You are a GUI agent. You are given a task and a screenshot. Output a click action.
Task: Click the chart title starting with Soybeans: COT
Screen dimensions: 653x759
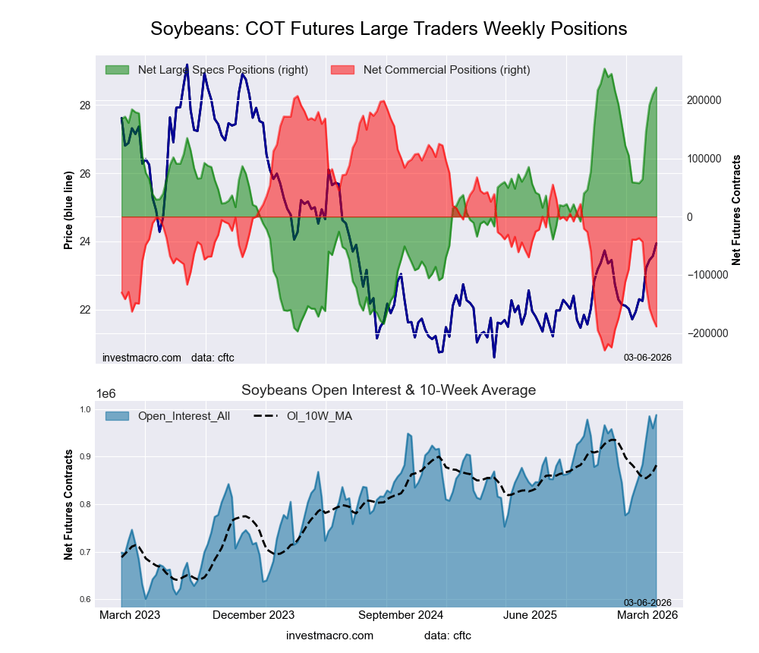pos(389,29)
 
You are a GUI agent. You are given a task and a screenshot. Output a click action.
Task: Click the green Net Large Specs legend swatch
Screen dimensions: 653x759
pos(117,70)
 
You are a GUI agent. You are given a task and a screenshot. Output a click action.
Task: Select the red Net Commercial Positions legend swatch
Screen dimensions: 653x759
pos(343,70)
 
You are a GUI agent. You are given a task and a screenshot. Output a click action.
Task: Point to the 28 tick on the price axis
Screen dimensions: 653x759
pos(85,105)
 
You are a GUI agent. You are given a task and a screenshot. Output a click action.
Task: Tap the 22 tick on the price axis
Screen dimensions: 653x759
pos(85,310)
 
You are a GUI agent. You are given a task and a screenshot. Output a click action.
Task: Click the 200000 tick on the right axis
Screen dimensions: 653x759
pos(704,100)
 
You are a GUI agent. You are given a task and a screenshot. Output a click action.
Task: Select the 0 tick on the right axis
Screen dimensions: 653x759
pos(691,217)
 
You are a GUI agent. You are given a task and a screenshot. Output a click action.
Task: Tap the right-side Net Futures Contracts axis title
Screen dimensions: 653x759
pos(736,210)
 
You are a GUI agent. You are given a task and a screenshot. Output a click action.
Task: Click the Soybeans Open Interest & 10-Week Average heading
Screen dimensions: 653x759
pos(389,390)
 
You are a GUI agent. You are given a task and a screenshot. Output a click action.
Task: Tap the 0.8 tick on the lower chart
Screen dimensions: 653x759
pos(85,504)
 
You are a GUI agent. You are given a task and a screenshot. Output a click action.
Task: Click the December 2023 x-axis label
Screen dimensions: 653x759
pos(253,615)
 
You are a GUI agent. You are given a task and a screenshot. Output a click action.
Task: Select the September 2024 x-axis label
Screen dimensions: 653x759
pos(401,615)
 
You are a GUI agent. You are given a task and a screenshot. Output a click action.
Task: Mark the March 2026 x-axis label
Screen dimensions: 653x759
pos(647,615)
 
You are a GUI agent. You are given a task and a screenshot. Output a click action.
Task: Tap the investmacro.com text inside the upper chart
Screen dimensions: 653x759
pos(142,357)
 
